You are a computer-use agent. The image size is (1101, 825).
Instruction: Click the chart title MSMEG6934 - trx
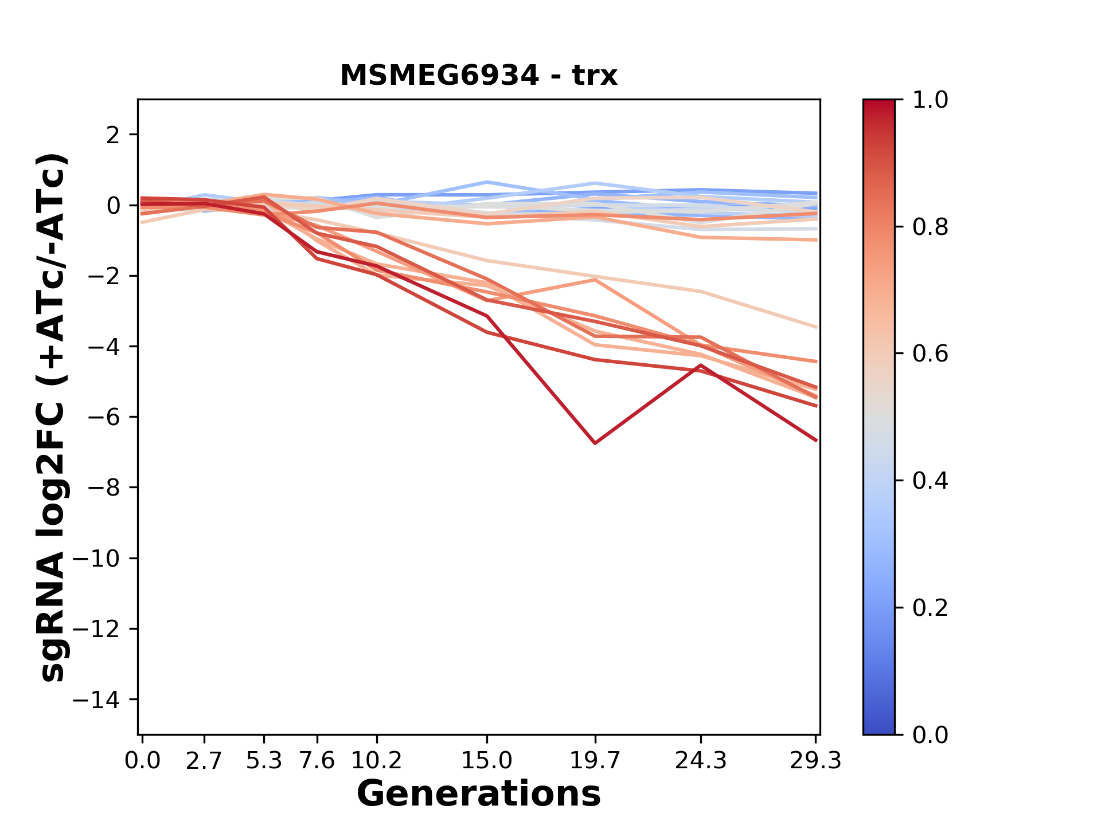pos(479,76)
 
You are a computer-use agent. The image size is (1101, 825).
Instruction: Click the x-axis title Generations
pos(479,794)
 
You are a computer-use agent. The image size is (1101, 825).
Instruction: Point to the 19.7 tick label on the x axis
pos(595,760)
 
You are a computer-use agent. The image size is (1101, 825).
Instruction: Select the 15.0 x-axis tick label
pos(487,760)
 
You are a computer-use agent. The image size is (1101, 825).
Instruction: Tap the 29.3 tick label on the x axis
pos(815,760)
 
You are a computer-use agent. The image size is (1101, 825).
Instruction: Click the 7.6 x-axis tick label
pos(317,760)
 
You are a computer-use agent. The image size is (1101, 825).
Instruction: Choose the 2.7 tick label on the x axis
pos(204,760)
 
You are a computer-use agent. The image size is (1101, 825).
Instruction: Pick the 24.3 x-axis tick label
pos(701,760)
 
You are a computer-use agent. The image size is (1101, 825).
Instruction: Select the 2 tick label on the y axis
pos(113,135)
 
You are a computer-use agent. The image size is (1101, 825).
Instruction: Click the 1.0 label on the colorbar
pos(930,100)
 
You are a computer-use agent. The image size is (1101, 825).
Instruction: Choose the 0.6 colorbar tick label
pos(930,353)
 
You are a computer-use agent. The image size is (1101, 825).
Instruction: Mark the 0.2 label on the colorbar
pos(930,607)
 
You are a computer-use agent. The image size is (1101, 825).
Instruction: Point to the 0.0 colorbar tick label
pos(930,734)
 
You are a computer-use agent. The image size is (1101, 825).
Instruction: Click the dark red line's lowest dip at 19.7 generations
pos(595,443)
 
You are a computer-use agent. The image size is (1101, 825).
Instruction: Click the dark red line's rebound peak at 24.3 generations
pos(701,365)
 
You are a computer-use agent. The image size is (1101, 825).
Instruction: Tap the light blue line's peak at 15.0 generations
pos(487,182)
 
